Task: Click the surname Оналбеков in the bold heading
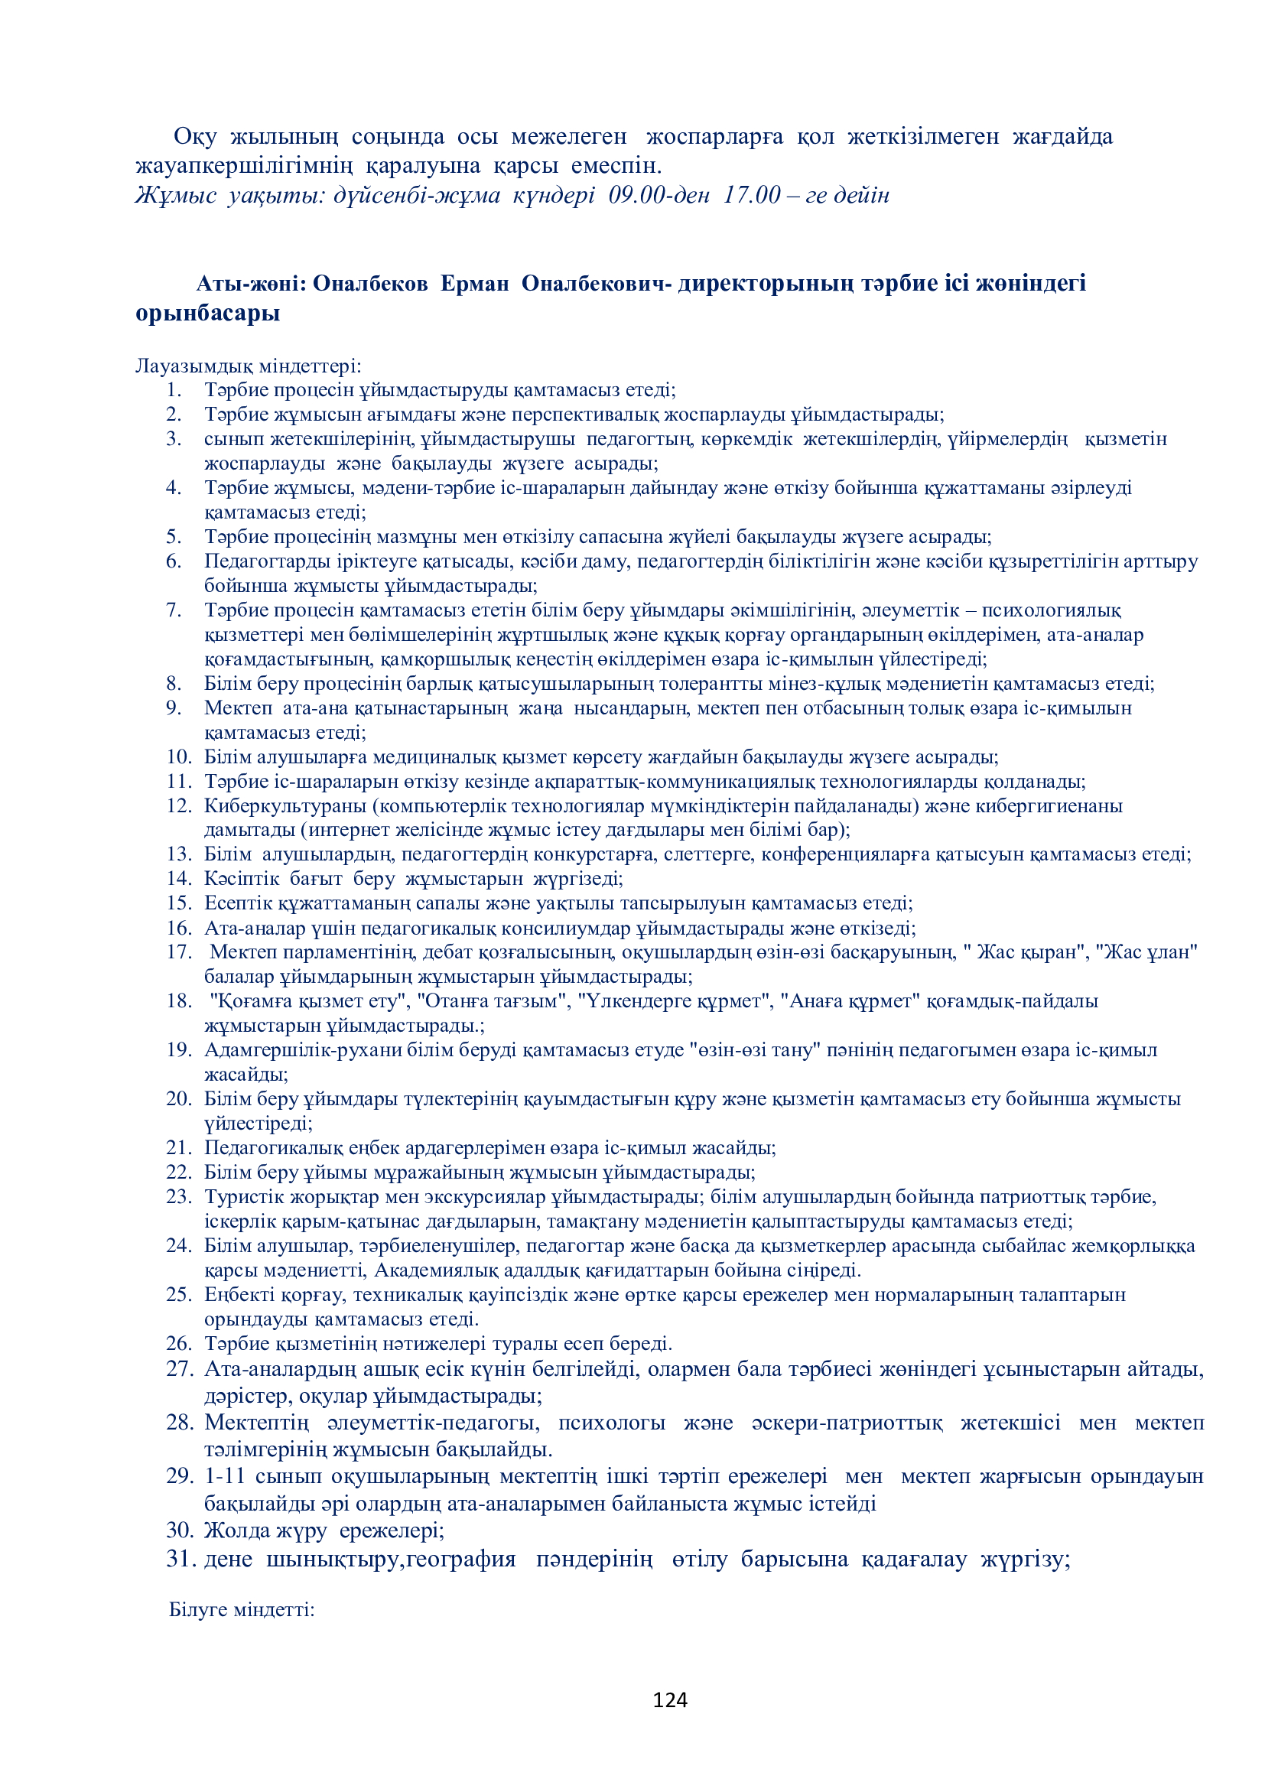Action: (370, 284)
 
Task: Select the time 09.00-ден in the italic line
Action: (659, 195)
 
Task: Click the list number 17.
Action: (178, 951)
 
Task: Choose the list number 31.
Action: (180, 1558)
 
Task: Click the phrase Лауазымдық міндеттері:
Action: (248, 366)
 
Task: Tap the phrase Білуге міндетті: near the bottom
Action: (242, 1609)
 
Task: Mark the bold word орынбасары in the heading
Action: (207, 314)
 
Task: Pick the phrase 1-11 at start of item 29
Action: (225, 1475)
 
